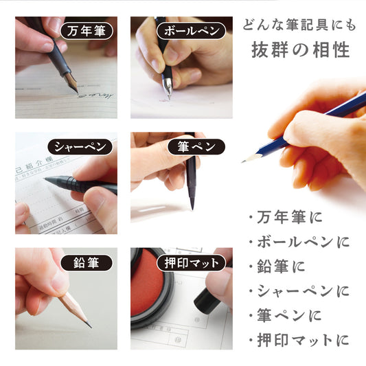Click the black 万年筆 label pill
tap(87, 31)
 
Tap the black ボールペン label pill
tap(191, 31)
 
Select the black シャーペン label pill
tap(80, 147)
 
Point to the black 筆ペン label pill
tap(196, 147)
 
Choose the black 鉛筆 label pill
tap(87, 263)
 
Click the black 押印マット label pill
tap(191, 263)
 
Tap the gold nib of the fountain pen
tap(71, 82)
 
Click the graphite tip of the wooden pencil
tap(89, 324)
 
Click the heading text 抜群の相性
tap(301, 50)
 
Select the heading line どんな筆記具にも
tap(299, 25)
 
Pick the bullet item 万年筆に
tap(286, 217)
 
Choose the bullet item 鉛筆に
tap(277, 266)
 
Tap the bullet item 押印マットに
tap(299, 340)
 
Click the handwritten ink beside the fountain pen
tap(96, 95)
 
